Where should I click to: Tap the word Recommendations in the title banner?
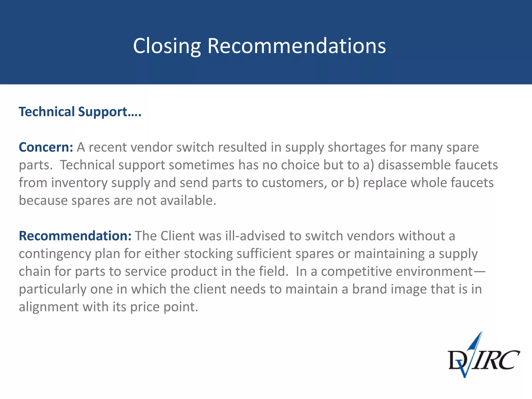(x=296, y=46)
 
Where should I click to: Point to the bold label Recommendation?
(x=75, y=236)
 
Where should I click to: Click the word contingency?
(x=55, y=254)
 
